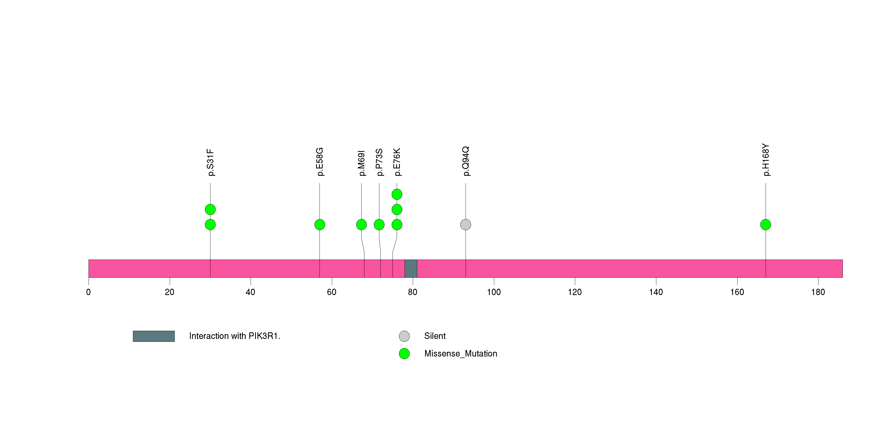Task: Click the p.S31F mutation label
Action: tap(210, 162)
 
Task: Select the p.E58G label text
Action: tap(319, 162)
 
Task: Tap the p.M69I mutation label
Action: tap(361, 163)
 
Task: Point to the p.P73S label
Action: tap(379, 162)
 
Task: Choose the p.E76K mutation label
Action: tap(397, 162)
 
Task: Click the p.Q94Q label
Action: tap(466, 161)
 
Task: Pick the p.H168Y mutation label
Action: tap(765, 160)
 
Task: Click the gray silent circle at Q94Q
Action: tap(466, 225)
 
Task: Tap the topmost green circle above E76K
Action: tap(397, 194)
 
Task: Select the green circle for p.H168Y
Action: tap(765, 225)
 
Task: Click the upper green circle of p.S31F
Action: tap(210, 210)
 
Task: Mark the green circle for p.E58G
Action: tap(319, 225)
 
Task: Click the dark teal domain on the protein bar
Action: tap(411, 269)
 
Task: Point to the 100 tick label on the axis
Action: tap(494, 292)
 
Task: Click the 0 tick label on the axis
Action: tap(89, 292)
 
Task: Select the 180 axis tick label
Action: tap(818, 292)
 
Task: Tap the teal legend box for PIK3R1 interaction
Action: tap(154, 336)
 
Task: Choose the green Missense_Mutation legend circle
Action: tap(404, 353)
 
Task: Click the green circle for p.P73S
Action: tap(379, 225)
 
